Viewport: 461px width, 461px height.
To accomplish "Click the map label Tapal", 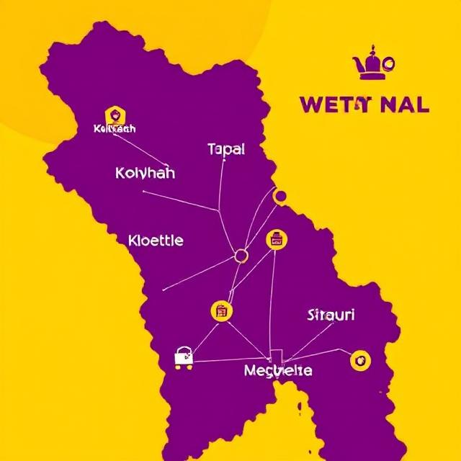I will pos(226,149).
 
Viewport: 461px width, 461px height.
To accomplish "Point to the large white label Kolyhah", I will pos(145,174).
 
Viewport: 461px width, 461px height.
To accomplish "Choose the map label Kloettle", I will pos(155,240).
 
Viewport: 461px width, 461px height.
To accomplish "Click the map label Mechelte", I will pos(278,370).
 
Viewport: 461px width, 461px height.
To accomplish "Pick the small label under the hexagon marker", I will pos(115,129).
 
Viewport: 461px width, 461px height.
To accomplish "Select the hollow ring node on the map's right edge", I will pos(280,195).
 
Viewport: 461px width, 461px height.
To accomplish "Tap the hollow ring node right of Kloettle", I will pos(241,255).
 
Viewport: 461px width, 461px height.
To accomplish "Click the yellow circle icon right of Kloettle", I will pos(276,239).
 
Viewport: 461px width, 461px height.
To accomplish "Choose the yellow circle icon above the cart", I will pos(221,311).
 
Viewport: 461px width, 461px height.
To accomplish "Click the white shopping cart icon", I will pos(184,357).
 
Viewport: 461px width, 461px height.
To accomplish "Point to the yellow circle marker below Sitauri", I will pos(359,360).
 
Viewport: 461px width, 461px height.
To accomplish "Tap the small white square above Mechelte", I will pos(275,355).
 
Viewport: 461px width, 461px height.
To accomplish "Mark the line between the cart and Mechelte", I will pos(230,359).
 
